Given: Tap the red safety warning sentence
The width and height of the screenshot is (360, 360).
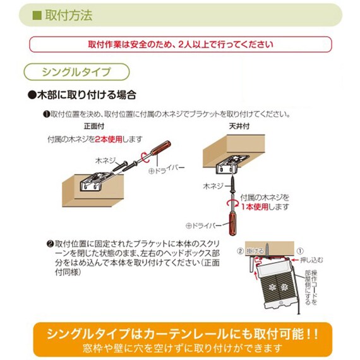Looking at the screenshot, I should (180, 44).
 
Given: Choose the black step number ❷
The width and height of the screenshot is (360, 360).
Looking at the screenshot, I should (50, 243).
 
